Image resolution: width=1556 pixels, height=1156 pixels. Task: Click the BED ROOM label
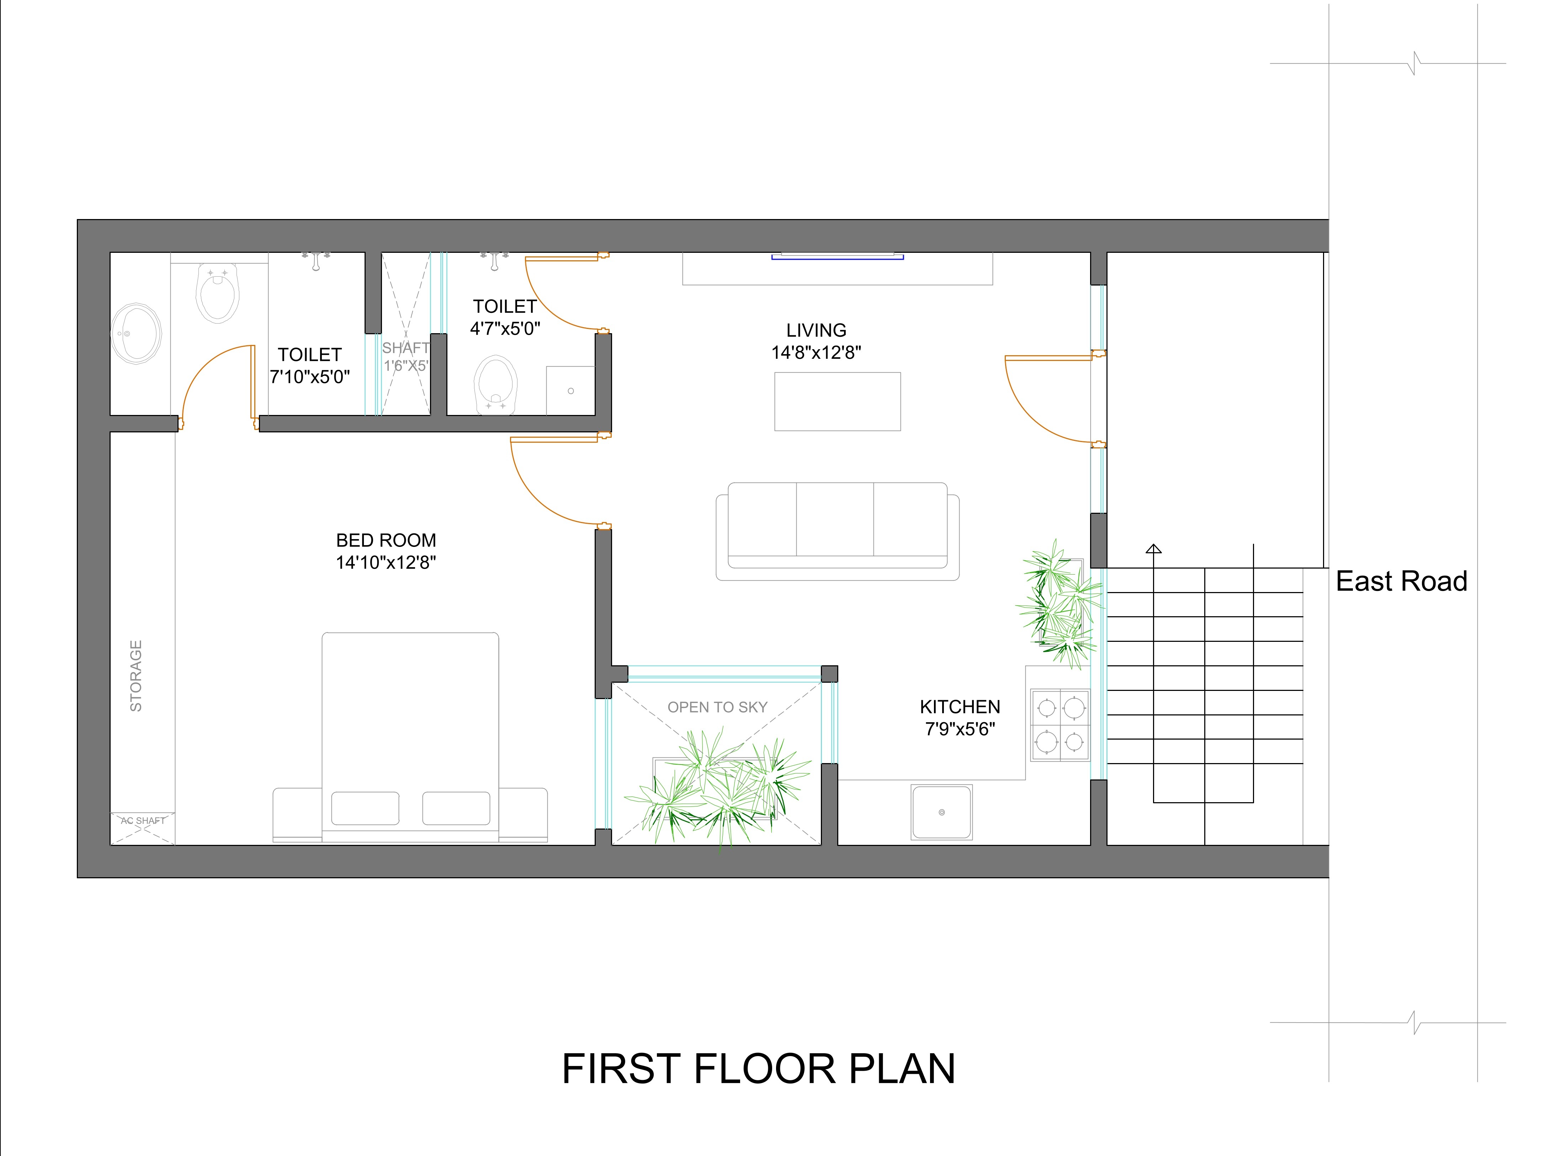coord(386,540)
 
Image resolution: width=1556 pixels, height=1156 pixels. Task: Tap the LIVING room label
coord(816,330)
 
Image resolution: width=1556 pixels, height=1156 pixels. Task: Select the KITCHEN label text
coord(960,707)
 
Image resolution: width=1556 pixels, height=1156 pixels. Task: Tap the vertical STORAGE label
coord(136,676)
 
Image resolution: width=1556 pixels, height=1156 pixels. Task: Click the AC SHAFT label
coord(143,821)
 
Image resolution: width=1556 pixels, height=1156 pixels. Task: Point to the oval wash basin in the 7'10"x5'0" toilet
coord(137,333)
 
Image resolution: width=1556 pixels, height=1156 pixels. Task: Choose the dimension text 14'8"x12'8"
coord(816,353)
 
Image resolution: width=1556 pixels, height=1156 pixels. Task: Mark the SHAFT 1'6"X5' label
coord(406,356)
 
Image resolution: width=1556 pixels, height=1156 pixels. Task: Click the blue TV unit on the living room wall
coord(837,257)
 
